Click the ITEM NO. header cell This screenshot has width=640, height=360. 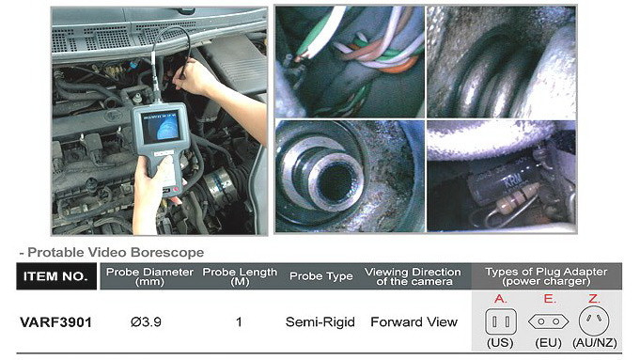click(x=56, y=276)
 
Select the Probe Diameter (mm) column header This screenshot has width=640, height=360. click(x=149, y=276)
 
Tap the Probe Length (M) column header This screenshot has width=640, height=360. click(x=240, y=276)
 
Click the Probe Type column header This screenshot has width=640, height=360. click(x=320, y=276)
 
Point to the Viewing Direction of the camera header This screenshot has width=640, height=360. click(x=414, y=276)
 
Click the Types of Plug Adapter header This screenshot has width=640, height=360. click(x=546, y=276)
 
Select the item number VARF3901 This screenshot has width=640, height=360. click(x=56, y=322)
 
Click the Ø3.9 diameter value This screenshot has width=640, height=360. click(x=146, y=322)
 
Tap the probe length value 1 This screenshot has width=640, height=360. click(x=239, y=322)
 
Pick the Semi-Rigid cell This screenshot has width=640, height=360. click(x=320, y=322)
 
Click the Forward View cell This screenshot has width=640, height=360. click(x=414, y=322)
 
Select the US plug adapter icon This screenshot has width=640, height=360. click(x=501, y=321)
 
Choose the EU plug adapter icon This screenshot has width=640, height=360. click(x=548, y=321)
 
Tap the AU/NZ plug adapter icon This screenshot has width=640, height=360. click(x=594, y=321)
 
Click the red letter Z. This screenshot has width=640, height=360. click(x=594, y=299)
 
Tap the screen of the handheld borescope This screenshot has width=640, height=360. click(x=160, y=126)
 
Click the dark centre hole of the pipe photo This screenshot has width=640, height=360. click(x=336, y=182)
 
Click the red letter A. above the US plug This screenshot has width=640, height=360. click(x=500, y=299)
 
